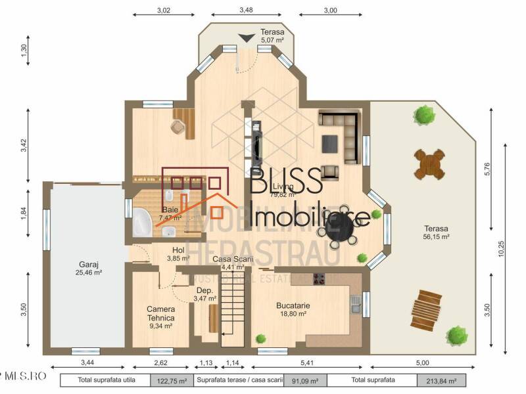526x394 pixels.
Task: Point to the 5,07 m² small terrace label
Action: coord(272,36)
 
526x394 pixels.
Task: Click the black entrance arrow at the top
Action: coord(246,39)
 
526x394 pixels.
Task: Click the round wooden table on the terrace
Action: coord(428,162)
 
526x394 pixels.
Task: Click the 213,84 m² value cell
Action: coord(441,380)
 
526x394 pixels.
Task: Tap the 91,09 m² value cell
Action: coord(305,380)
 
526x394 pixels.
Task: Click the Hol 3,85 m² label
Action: coord(178,254)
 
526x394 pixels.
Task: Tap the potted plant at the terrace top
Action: coord(425,116)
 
